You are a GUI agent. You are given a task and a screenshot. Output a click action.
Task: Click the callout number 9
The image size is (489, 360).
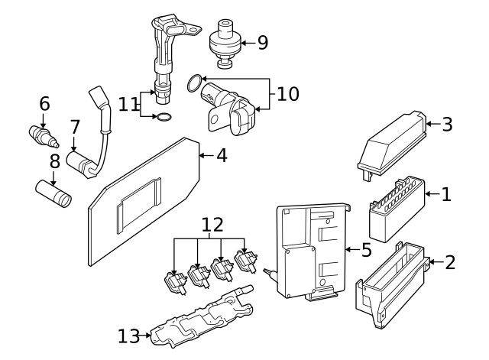[262, 42]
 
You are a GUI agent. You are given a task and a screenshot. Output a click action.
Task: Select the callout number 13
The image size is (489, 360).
[129, 335]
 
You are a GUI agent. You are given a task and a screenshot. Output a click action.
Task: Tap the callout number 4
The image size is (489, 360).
[221, 155]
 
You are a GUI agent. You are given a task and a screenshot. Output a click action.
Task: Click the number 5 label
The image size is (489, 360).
[365, 249]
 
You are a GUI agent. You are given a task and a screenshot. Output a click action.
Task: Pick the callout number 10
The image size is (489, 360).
[287, 94]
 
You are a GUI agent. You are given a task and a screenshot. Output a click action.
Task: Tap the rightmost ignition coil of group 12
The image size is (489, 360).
[246, 263]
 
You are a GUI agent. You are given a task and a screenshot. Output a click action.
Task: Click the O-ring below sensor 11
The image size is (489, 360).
[163, 118]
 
